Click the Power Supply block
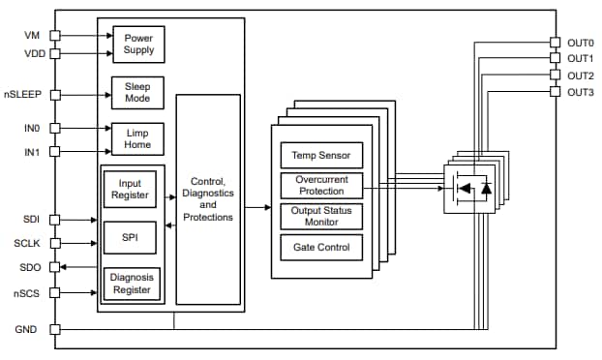coord(138,44)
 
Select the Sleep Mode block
coord(138,94)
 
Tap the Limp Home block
coord(138,138)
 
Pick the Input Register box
coord(133,189)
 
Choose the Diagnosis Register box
coord(133,283)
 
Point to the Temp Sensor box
coord(321,154)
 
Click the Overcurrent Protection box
coord(321,184)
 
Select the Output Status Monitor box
coord(321,216)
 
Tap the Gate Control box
coord(321,247)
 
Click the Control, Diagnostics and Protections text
coord(208,198)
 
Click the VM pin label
coord(32,35)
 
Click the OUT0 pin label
coord(580,43)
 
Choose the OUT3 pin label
coord(580,92)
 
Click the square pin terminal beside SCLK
coord(55,243)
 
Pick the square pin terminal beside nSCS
coord(55,291)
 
